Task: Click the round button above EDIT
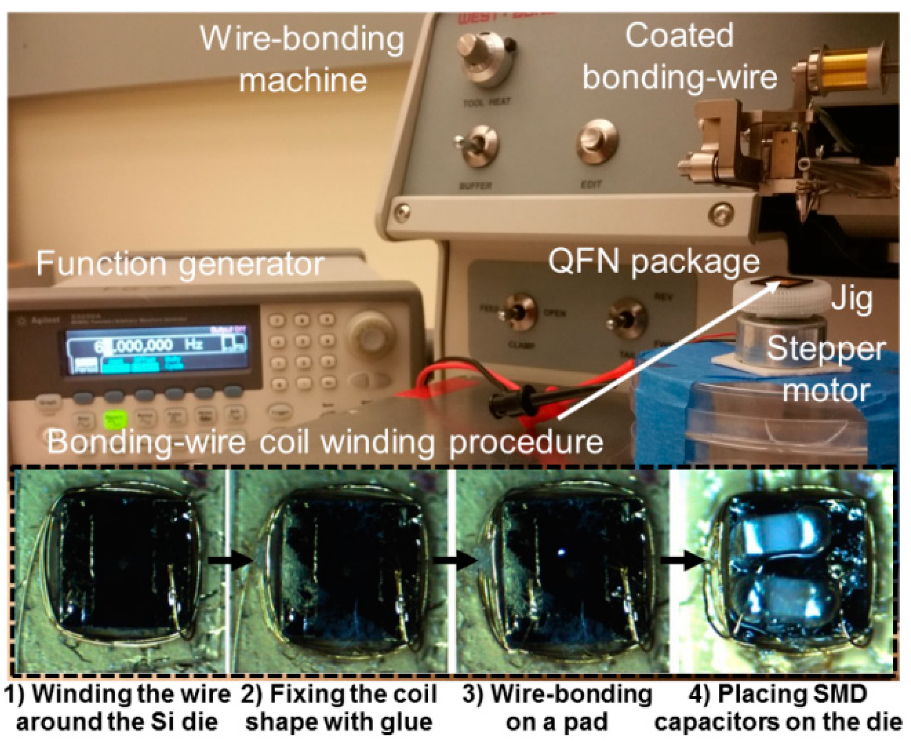(x=597, y=140)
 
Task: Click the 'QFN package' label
(x=654, y=261)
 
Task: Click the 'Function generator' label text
(x=180, y=264)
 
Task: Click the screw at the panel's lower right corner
(x=722, y=213)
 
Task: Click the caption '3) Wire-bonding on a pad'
(x=557, y=708)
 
